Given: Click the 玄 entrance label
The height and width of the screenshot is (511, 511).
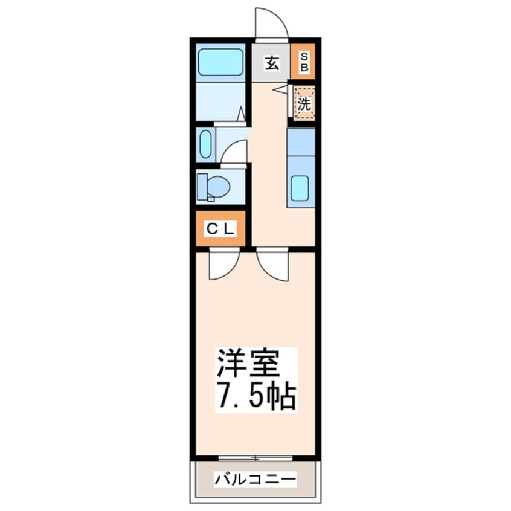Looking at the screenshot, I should click(272, 63).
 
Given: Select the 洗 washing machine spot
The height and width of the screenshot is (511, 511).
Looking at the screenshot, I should click(304, 104).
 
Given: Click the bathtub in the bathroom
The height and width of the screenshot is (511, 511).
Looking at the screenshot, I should click(220, 61).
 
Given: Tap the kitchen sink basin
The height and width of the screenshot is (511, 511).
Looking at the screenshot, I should click(300, 188).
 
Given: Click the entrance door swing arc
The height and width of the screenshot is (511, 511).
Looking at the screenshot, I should click(269, 23).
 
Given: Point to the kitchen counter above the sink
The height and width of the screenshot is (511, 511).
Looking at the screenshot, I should click(301, 142).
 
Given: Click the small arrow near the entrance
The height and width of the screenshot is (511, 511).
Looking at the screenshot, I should click(280, 89).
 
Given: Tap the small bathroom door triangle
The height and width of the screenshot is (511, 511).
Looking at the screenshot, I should click(240, 114).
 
